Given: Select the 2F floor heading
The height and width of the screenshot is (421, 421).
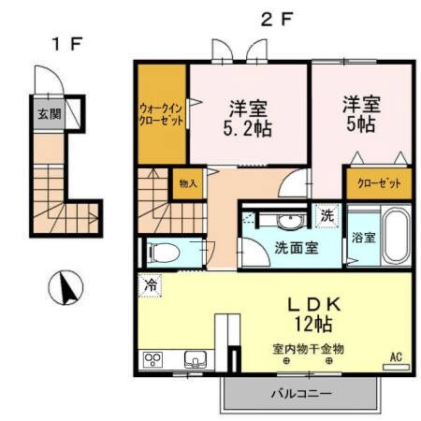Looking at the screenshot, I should (271, 18).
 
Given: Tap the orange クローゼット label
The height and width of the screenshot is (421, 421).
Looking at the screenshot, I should (379, 183).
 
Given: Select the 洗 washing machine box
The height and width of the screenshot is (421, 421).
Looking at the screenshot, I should (326, 213).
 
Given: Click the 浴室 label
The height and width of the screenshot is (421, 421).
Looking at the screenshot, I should (364, 238).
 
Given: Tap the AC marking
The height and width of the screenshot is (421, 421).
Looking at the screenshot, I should (395, 356).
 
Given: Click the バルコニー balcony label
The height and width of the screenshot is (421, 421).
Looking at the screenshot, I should (301, 393).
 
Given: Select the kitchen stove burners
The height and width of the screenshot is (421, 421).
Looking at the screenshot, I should (153, 359).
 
